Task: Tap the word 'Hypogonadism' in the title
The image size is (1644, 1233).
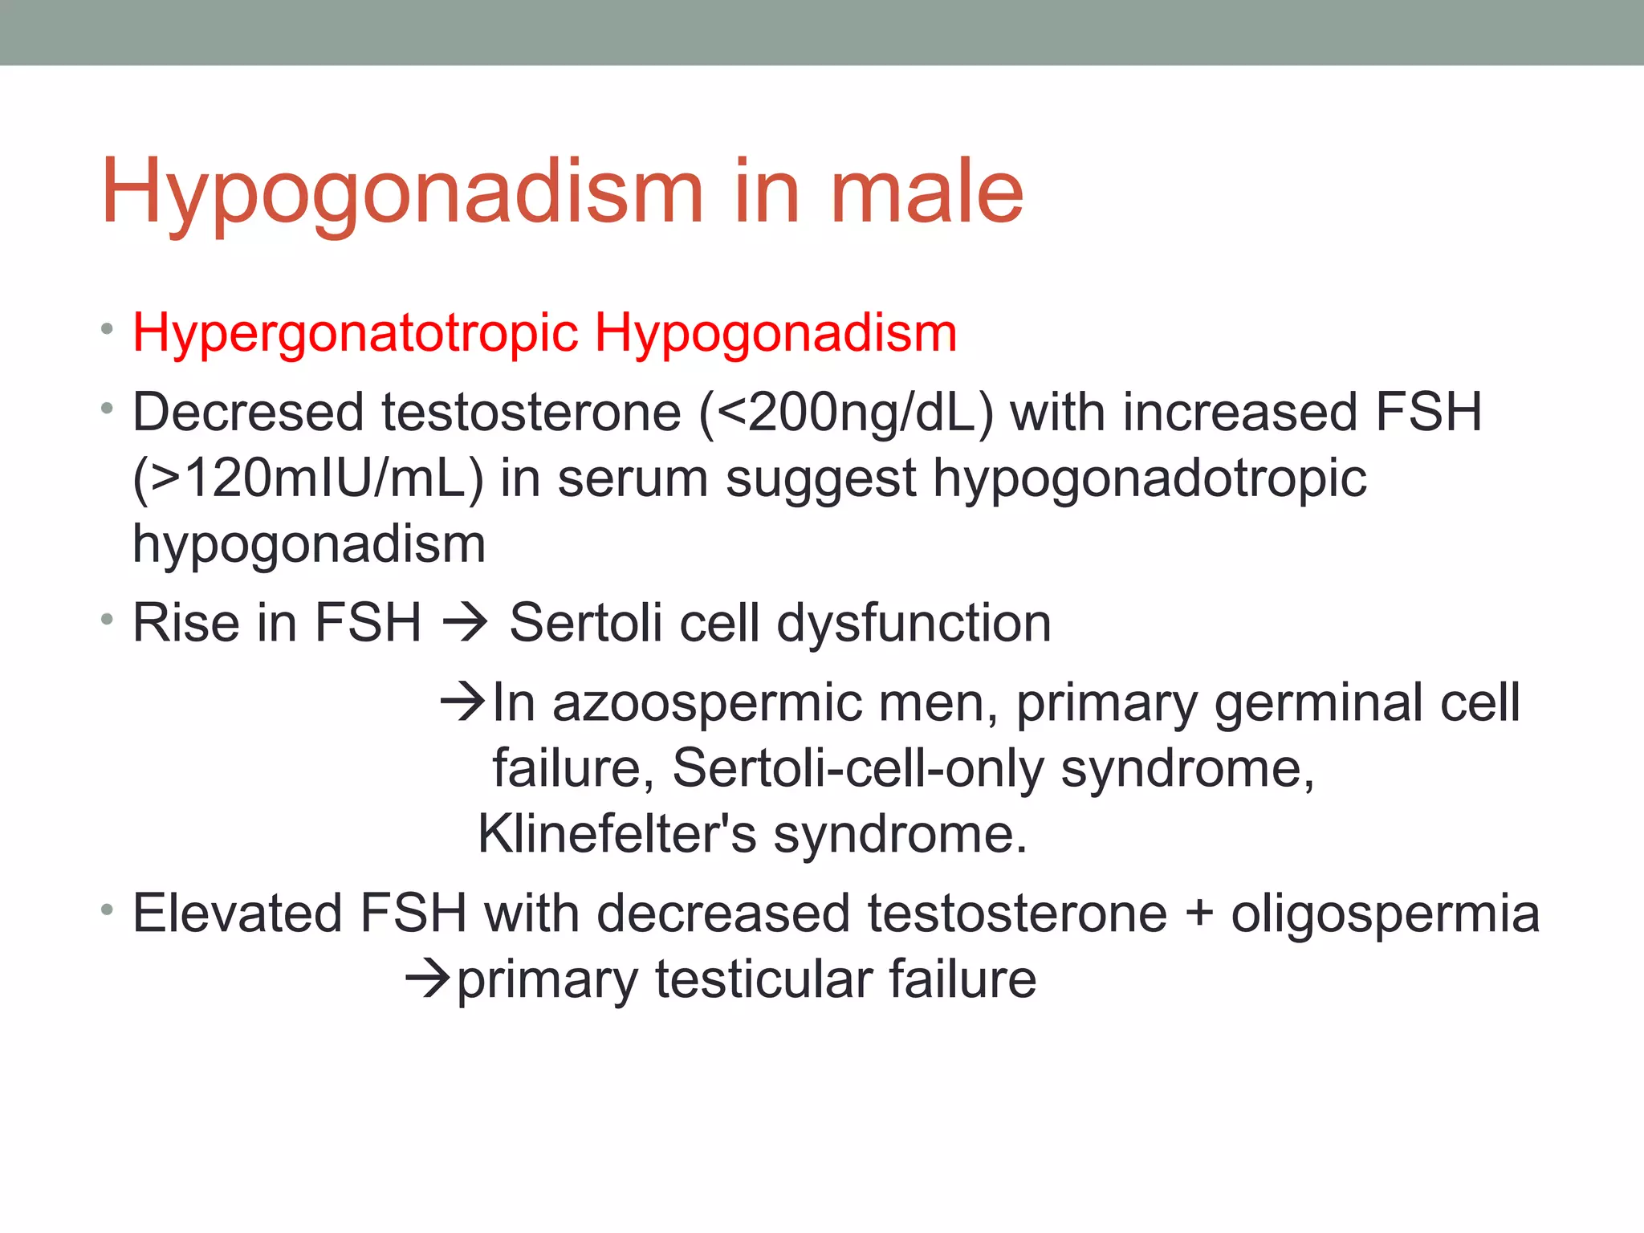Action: (402, 193)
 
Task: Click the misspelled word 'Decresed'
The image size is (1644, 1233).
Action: (248, 413)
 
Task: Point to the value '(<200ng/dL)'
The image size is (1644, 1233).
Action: (846, 413)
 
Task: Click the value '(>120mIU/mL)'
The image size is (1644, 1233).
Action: (308, 478)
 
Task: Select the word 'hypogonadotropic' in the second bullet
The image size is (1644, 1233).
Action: (1150, 480)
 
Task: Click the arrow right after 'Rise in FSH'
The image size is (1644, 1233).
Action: (465, 623)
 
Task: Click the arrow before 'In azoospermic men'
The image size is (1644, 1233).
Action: (463, 702)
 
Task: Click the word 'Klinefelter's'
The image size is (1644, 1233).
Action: (616, 834)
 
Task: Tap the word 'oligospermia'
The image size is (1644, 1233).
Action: (1385, 914)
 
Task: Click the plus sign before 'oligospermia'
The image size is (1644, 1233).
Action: (1198, 914)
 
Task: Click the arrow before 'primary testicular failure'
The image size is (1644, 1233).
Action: (429, 979)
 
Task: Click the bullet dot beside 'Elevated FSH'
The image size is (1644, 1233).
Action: (107, 910)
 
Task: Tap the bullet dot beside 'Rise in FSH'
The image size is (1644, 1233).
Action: (107, 619)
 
